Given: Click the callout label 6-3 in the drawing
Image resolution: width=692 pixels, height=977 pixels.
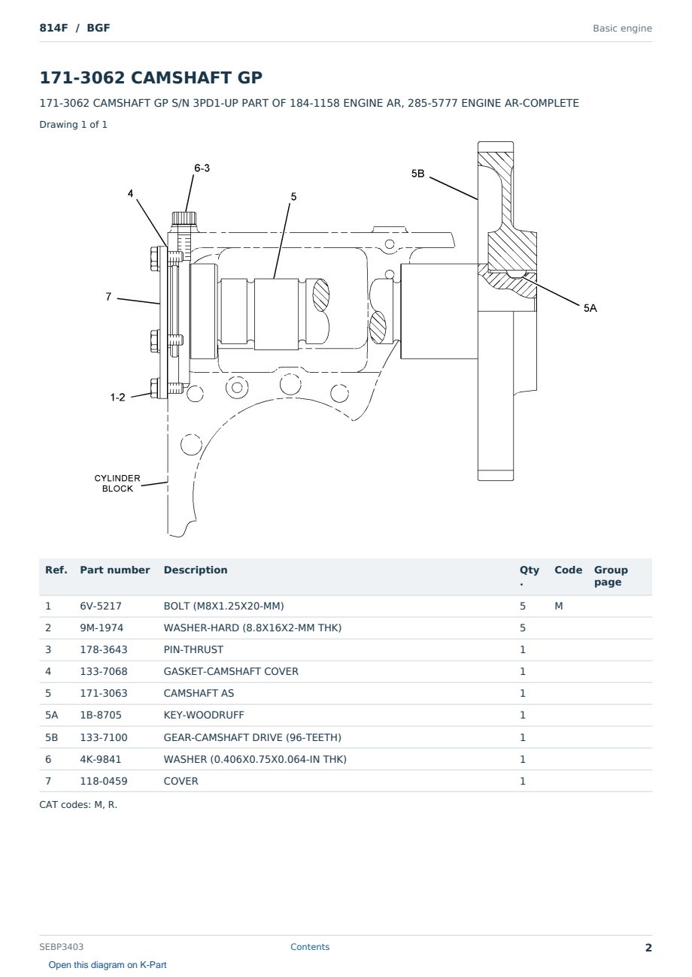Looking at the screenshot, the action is (x=202, y=168).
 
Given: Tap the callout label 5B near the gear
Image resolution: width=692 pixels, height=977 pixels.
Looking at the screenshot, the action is (x=417, y=174).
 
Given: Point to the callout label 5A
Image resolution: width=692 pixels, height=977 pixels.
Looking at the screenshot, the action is (x=590, y=308).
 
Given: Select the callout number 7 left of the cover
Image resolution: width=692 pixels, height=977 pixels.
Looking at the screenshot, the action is (x=108, y=297).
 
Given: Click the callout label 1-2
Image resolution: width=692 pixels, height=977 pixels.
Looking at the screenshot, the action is (x=117, y=398).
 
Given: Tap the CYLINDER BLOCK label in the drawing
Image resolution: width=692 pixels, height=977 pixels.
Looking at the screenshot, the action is (x=117, y=483).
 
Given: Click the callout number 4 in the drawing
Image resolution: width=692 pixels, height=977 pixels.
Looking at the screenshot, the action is (x=130, y=193).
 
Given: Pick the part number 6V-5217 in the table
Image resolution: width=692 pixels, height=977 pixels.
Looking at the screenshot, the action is (x=101, y=606).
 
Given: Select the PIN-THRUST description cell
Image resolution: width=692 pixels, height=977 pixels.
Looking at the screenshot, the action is (x=193, y=649).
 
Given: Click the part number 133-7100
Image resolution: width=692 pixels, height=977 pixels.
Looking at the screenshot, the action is (x=104, y=737).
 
